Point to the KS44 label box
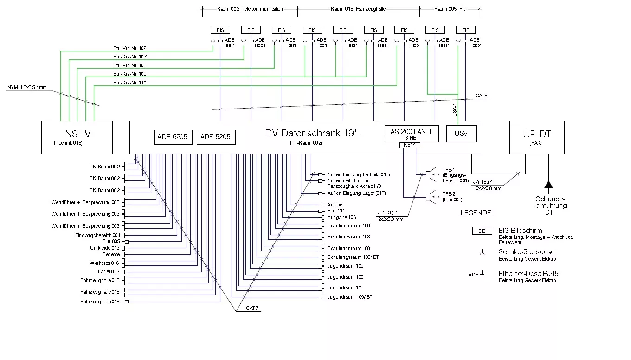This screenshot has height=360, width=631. click(410, 145)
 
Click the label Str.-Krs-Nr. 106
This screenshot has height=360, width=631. click(130, 48)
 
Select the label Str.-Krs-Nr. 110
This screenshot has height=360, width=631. click(130, 83)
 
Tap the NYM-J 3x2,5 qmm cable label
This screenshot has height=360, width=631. click(27, 87)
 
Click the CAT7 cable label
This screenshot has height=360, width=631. click(252, 308)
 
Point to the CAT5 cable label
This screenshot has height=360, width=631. click(482, 96)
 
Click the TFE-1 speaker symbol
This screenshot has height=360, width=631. click(431, 174)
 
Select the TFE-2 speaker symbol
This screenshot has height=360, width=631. click(431, 197)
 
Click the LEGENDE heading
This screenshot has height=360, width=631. click(476, 213)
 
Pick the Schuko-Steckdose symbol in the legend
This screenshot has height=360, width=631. click(482, 252)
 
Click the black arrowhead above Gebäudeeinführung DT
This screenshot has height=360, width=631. click(548, 185)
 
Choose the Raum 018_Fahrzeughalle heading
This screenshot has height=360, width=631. click(358, 9)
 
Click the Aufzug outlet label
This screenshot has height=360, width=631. click(335, 205)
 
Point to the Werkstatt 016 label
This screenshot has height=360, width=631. click(104, 263)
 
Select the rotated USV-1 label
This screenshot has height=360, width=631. click(455, 110)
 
